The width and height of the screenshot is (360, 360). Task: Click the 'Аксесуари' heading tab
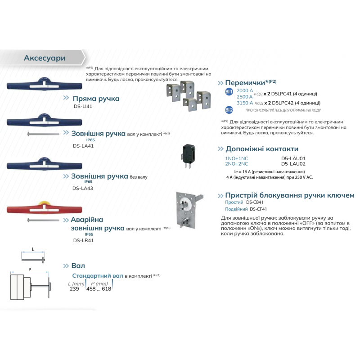45,58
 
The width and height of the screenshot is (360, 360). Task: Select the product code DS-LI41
83,106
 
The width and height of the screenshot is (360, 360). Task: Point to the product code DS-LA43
83,189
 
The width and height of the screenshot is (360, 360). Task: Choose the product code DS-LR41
83,240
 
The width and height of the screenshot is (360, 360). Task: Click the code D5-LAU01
293,158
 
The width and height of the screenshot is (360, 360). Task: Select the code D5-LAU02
293,164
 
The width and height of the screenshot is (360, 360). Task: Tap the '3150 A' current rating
245,103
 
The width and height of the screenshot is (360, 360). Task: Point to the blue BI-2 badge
229,110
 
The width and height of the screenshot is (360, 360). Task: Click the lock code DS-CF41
258,209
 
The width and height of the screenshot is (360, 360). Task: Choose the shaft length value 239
74,289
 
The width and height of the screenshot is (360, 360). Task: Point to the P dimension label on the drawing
30,269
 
